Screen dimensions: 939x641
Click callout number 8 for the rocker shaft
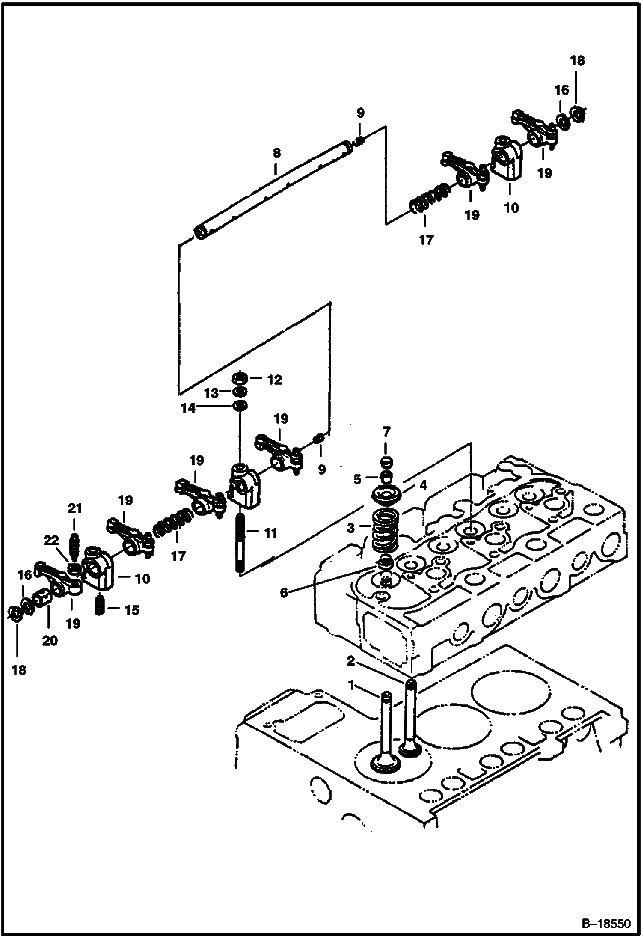coord(276,153)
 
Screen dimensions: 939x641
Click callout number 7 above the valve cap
coord(386,431)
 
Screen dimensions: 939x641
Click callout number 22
coord(51,541)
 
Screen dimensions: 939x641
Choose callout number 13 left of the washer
coord(211,392)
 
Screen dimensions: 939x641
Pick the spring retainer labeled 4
coord(387,496)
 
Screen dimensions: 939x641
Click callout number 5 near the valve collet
coord(357,478)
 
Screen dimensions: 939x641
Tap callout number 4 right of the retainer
coord(423,485)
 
